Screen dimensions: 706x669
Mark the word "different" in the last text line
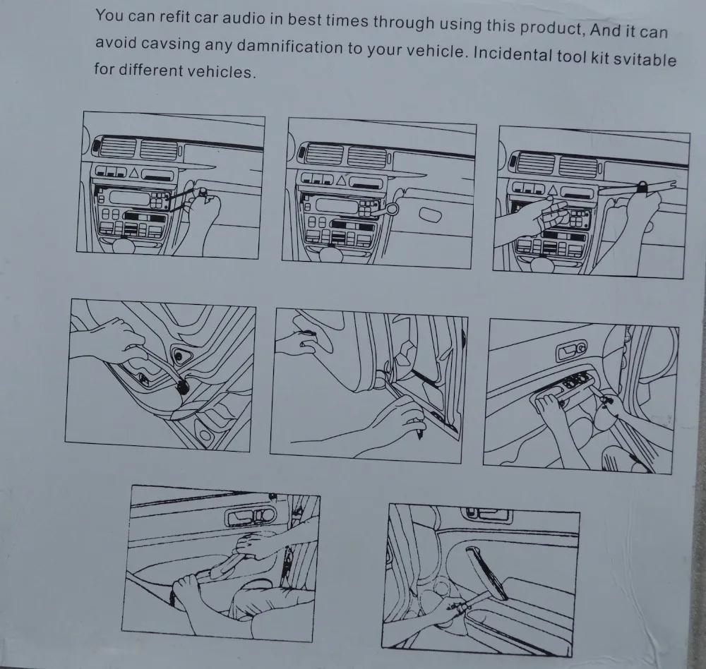(151, 71)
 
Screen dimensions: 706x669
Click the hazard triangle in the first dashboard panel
(135, 173)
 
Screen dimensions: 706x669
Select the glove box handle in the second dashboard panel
(430, 215)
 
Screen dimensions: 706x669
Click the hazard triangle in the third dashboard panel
(553, 191)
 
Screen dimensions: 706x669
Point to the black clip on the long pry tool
(642, 186)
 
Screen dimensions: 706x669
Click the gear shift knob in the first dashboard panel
(125, 245)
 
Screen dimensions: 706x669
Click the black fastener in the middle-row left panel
(183, 386)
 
